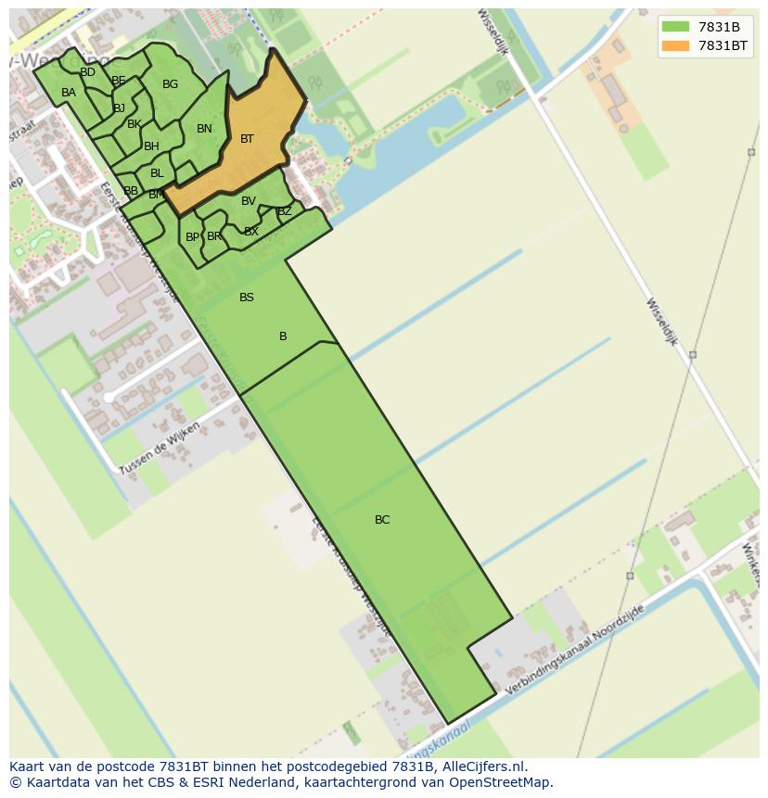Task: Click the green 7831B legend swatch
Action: pyautogui.click(x=675, y=27)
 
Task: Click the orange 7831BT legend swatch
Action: pyautogui.click(x=675, y=45)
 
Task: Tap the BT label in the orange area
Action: pyautogui.click(x=247, y=139)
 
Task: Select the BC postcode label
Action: pyautogui.click(x=382, y=520)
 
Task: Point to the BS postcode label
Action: pyautogui.click(x=247, y=298)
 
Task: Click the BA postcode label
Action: pyautogui.click(x=69, y=93)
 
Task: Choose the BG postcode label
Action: pyautogui.click(x=170, y=84)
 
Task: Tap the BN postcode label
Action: pyautogui.click(x=204, y=129)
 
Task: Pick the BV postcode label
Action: pyautogui.click(x=249, y=201)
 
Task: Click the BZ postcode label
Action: pyautogui.click(x=285, y=211)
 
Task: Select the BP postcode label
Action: pyautogui.click(x=192, y=237)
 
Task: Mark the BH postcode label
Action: pyautogui.click(x=151, y=146)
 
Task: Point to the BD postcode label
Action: pyautogui.click(x=87, y=72)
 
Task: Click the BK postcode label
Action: pyautogui.click(x=134, y=124)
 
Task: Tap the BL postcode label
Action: pyautogui.click(x=157, y=173)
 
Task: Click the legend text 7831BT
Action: pyautogui.click(x=723, y=45)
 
